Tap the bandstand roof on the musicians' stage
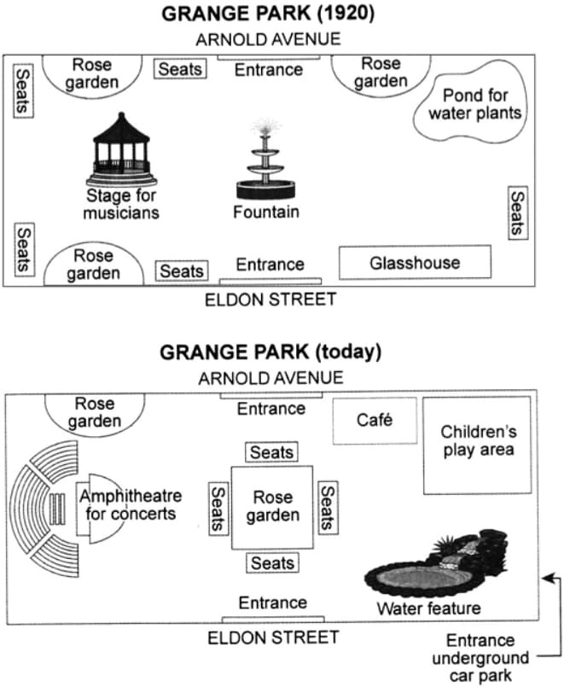(121, 129)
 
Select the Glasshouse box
(415, 263)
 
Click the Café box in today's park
(375, 421)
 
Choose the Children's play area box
(478, 445)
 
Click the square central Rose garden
(272, 508)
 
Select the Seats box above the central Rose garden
(271, 452)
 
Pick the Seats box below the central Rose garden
(272, 563)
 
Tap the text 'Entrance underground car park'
(480, 658)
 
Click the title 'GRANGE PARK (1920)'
(268, 14)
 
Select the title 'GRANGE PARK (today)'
(271, 352)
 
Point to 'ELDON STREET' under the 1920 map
(271, 299)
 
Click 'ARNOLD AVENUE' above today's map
(271, 378)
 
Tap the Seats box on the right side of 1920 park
(518, 213)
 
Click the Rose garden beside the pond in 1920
(381, 75)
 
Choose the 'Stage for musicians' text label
(121, 204)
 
